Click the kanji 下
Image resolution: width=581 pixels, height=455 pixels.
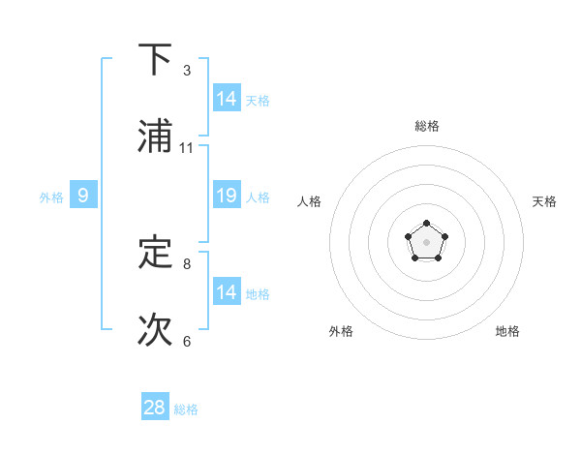coord(155,60)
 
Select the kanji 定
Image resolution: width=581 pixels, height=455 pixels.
coord(155,253)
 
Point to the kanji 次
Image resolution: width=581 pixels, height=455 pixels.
coord(155,330)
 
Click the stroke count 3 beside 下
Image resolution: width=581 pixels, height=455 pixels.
coord(187,71)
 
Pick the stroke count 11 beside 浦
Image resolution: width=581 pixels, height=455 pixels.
coord(187,148)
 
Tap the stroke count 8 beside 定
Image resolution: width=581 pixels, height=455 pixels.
coord(187,263)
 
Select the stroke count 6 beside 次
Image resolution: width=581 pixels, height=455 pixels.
coord(187,341)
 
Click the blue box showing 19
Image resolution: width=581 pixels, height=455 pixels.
coord(227,196)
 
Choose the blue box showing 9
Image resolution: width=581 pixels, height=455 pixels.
coord(83,196)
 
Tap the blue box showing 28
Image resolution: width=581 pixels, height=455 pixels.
coord(155,408)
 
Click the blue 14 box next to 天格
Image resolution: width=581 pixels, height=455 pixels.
coord(227,99)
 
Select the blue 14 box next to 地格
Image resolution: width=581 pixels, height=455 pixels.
coord(227,292)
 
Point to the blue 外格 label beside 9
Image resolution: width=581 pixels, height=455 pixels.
coord(51,197)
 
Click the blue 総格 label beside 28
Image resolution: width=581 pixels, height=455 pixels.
coord(186,409)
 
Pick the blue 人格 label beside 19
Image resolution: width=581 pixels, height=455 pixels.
coord(258,197)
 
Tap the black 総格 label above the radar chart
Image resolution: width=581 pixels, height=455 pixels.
coord(427,126)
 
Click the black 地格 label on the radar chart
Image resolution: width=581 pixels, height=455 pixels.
coord(507,331)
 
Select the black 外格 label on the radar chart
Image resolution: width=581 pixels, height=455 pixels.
coord(341,331)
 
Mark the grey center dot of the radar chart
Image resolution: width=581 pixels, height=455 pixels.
coord(426,241)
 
